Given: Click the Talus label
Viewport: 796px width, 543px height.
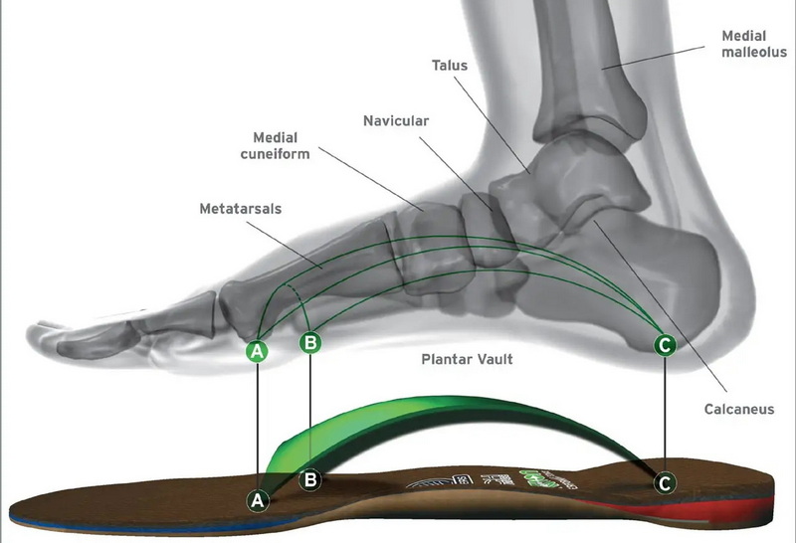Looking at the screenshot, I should (450, 65).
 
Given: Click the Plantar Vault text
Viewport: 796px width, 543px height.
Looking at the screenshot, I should (466, 359).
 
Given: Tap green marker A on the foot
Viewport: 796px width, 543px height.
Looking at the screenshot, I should (257, 351).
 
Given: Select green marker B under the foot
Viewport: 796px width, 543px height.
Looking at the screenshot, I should (310, 343).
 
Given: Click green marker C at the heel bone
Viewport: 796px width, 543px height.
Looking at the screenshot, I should (664, 345).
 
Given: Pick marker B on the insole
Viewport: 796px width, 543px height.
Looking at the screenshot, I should (310, 479).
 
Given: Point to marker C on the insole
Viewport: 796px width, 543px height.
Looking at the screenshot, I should (664, 483).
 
